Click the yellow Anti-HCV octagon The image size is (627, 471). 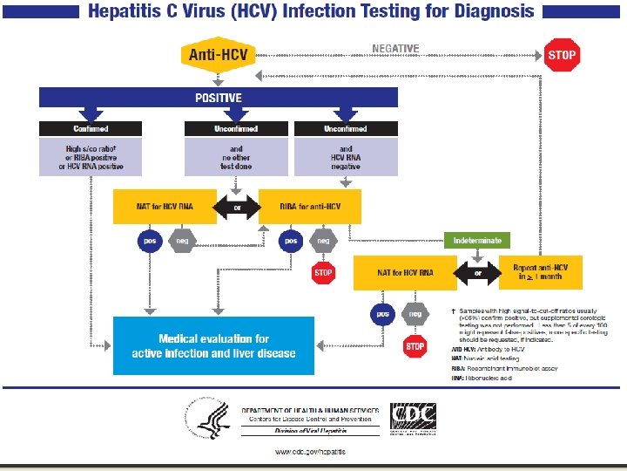(x=218, y=55)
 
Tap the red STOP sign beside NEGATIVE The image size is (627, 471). (x=562, y=55)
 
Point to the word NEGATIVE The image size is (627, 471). (x=395, y=49)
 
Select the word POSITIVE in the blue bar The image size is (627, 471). (x=218, y=98)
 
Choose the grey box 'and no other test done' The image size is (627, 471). (x=236, y=157)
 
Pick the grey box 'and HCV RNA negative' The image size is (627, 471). (x=346, y=157)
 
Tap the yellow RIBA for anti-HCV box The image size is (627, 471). (x=311, y=206)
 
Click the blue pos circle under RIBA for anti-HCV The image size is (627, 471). (x=291, y=240)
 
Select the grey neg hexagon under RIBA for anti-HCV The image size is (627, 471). (x=323, y=240)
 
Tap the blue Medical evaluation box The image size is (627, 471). (x=213, y=345)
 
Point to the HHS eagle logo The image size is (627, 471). (x=212, y=419)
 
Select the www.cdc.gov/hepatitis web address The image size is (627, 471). (x=310, y=451)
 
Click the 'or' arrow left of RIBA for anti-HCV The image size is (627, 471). (x=237, y=207)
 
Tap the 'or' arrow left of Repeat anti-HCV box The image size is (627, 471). (x=477, y=272)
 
